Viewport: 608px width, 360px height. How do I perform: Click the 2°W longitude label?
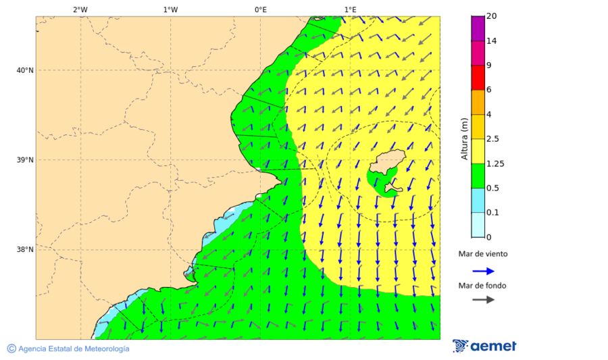[x=80, y=9]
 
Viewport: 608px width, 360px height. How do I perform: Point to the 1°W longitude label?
[x=170, y=9]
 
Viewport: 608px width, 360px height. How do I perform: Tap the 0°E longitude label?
[x=260, y=9]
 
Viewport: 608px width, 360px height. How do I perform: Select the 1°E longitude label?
[x=350, y=9]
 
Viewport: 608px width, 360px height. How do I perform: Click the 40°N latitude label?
[x=25, y=70]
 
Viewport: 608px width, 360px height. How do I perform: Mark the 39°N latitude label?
[x=25, y=160]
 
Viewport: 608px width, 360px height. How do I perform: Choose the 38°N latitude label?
[x=25, y=250]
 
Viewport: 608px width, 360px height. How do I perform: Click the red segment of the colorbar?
[x=478, y=78]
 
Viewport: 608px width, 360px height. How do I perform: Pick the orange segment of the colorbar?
[x=478, y=102]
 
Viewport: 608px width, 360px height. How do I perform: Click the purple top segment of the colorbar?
[x=478, y=28]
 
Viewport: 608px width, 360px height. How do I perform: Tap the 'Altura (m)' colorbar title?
[x=464, y=139]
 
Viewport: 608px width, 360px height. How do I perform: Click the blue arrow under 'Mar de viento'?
[x=483, y=271]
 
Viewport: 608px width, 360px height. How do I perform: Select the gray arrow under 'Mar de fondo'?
[x=483, y=300]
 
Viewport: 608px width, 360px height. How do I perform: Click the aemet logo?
[x=484, y=346]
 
